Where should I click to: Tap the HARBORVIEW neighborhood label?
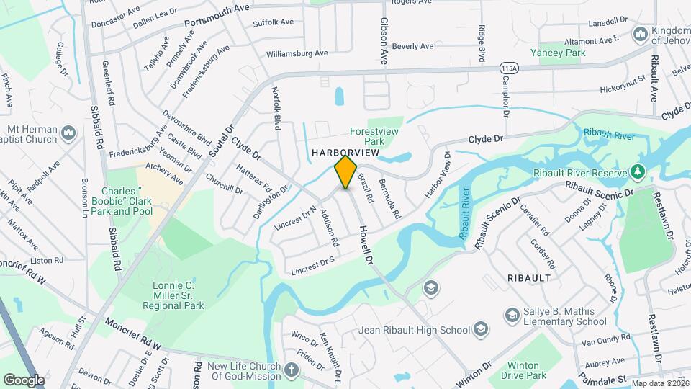pyautogui.click(x=344, y=154)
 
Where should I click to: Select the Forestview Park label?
pyautogui.click(x=374, y=136)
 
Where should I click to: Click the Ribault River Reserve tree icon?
pyautogui.click(x=636, y=171)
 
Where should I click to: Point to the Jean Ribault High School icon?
pyautogui.click(x=480, y=330)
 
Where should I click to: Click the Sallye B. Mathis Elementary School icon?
pyautogui.click(x=511, y=315)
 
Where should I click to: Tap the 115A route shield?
pyautogui.click(x=508, y=67)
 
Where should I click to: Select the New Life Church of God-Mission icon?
pyautogui.click(x=291, y=371)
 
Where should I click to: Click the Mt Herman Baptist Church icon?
pyautogui.click(x=69, y=133)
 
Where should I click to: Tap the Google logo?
pyautogui.click(x=24, y=380)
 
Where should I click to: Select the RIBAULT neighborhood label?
pyautogui.click(x=530, y=277)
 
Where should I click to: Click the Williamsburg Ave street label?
pyautogui.click(x=297, y=53)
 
